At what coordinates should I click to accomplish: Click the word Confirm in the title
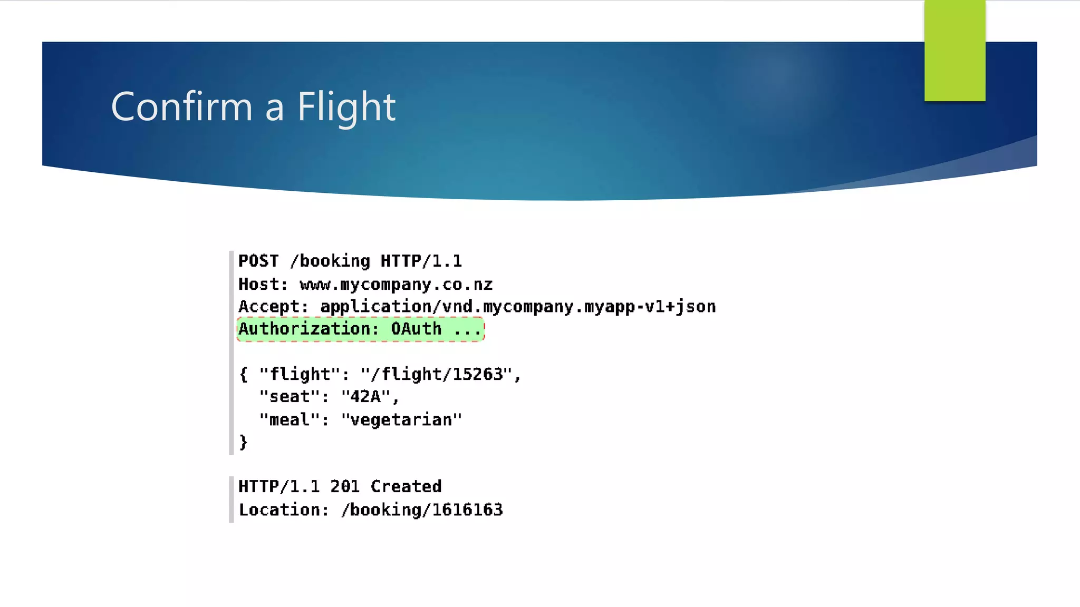click(x=181, y=106)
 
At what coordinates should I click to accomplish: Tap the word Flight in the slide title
click(x=346, y=107)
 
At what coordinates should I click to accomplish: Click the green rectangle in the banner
click(x=954, y=50)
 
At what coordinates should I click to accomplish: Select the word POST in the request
click(x=258, y=261)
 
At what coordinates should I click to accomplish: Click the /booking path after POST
click(x=330, y=261)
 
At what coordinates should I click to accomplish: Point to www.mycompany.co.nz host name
click(x=396, y=285)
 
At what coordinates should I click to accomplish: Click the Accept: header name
click(x=273, y=307)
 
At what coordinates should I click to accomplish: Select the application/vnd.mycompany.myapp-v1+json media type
click(x=518, y=307)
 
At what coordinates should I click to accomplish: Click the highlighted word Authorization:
click(x=308, y=329)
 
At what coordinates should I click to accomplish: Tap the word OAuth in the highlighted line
click(x=416, y=329)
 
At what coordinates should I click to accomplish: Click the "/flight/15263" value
click(x=437, y=375)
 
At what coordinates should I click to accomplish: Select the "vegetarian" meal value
click(x=401, y=420)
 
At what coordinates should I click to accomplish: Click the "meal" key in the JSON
click(x=289, y=420)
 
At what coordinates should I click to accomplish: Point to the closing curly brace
click(x=243, y=442)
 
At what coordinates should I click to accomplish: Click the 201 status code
click(x=345, y=486)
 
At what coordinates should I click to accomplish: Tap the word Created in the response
click(x=406, y=486)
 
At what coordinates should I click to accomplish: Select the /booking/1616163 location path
click(x=422, y=510)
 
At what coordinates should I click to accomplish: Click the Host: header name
click(x=263, y=285)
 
